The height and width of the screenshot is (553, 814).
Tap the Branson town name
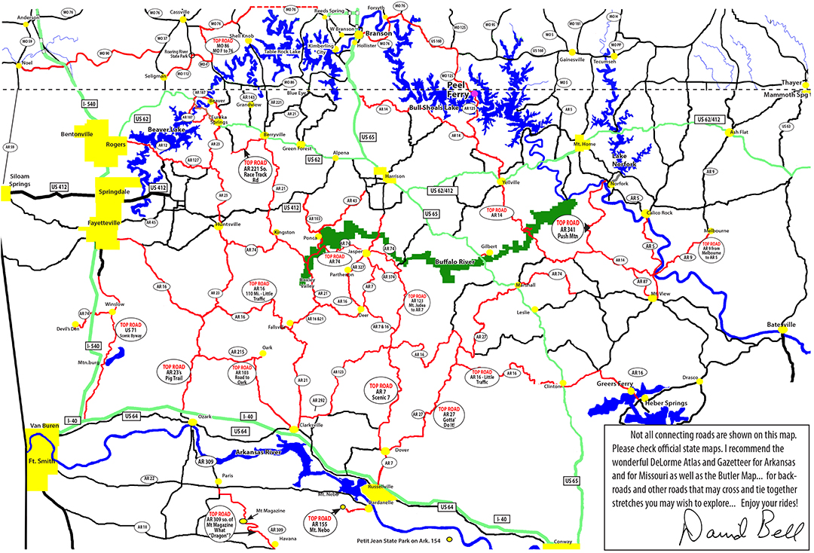(375, 35)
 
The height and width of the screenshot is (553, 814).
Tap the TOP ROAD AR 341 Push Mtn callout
(568, 228)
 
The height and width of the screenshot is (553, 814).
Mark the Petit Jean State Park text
(399, 540)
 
